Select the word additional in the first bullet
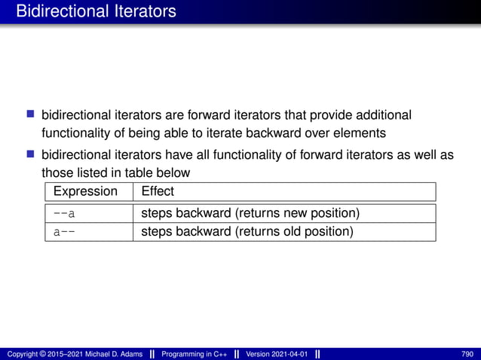[x=376, y=115]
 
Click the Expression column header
[x=85, y=191]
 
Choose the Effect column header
[x=158, y=191]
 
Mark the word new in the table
[x=290, y=212]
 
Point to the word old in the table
[x=289, y=231]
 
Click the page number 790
[x=467, y=354]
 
